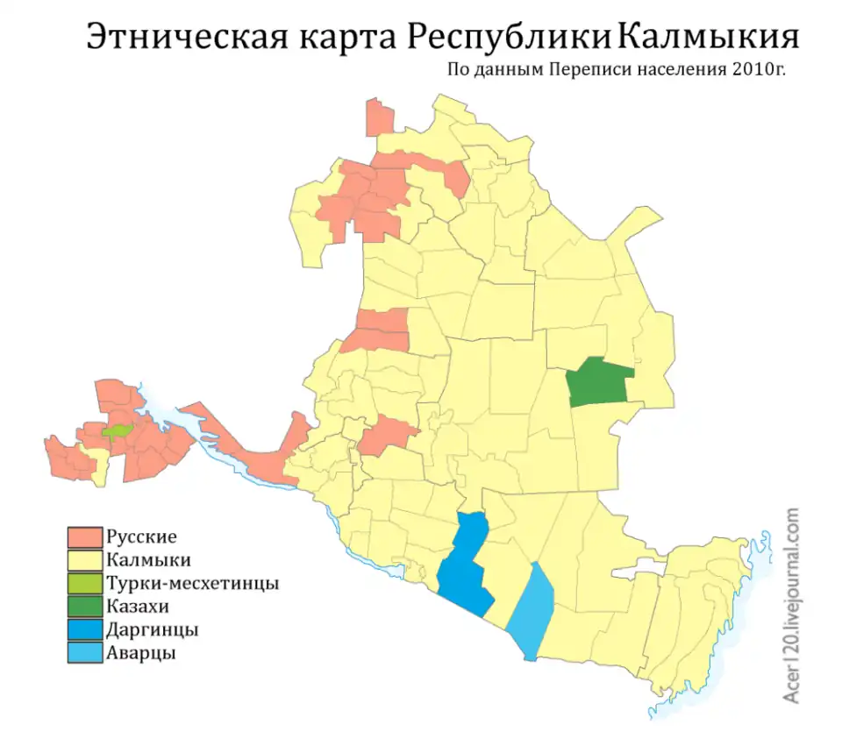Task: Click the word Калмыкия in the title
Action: (x=709, y=37)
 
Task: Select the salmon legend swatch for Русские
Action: (x=85, y=536)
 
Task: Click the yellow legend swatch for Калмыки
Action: (x=85, y=560)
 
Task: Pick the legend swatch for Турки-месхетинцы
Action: (x=85, y=583)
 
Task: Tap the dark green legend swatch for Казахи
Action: (x=85, y=607)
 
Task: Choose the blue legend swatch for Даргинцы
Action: (x=85, y=629)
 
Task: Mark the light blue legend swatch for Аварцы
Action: (x=85, y=653)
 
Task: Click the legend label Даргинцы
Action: (x=151, y=630)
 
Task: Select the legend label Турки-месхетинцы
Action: (x=192, y=583)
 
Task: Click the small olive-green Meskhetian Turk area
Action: (x=116, y=430)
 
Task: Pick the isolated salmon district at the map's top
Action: (x=379, y=118)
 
